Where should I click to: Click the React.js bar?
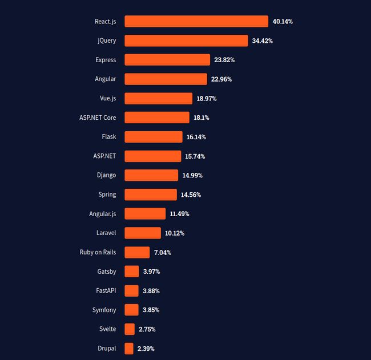[196, 22]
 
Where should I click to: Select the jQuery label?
[107, 41]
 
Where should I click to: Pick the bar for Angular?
[166, 79]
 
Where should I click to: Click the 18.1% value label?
[201, 118]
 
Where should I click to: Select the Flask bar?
[145, 137]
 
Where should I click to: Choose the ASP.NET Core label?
[98, 118]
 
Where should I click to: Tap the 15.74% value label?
[195, 156]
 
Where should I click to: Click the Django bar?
[151, 175]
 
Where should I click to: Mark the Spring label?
[107, 195]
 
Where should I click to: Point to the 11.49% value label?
[179, 214]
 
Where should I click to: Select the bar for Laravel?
[143, 233]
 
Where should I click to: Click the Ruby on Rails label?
[98, 252]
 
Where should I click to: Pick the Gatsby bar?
[131, 272]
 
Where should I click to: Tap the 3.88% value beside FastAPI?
[151, 291]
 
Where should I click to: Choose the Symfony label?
[104, 310]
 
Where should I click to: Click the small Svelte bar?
[130, 329]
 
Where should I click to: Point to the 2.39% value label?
[146, 349]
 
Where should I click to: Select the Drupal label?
[107, 349]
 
